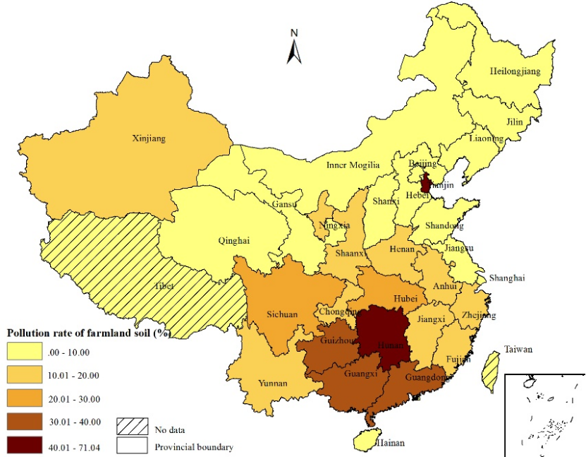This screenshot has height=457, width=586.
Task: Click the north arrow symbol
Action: tap(295, 47)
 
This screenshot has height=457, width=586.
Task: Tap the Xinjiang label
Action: tap(149, 138)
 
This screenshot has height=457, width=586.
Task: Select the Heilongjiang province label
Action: tap(515, 71)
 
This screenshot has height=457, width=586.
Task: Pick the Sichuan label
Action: tap(281, 314)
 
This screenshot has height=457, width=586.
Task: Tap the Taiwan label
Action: tap(518, 350)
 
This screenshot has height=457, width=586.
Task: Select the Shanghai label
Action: tap(507, 278)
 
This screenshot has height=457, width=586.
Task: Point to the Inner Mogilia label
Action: tap(353, 165)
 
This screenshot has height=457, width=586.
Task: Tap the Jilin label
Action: tap(515, 121)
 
